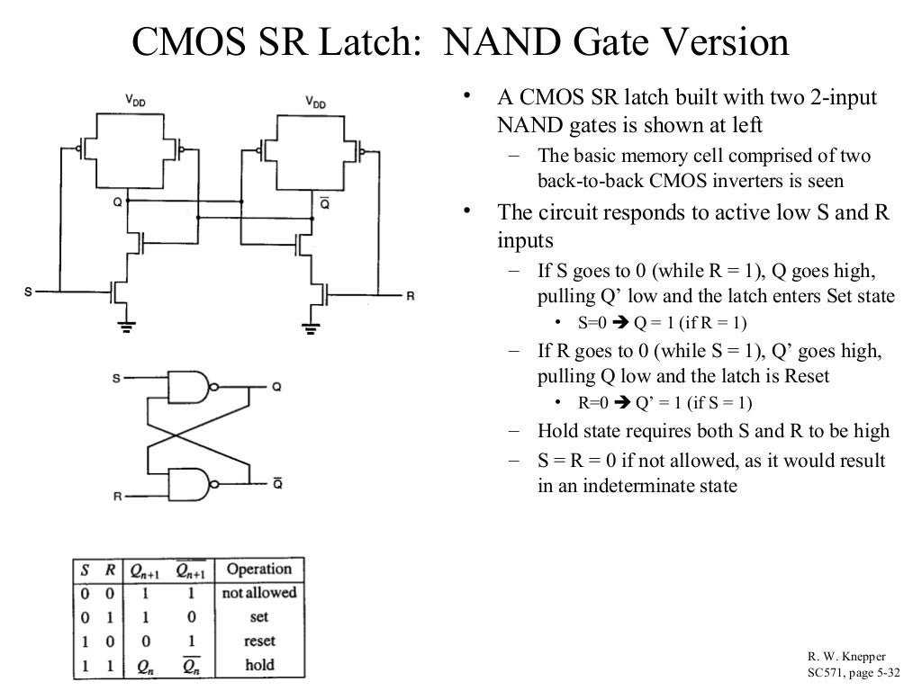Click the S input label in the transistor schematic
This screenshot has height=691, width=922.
coord(29,292)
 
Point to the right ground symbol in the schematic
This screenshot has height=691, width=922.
coord(312,329)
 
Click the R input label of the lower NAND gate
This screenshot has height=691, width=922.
coord(117,495)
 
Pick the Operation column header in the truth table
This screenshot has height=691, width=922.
coord(258,569)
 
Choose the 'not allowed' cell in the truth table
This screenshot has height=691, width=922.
coord(258,593)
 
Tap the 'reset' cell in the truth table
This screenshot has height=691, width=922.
coord(258,641)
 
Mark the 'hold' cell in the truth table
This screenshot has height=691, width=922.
coord(258,665)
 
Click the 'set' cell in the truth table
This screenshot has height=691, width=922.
coord(258,617)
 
